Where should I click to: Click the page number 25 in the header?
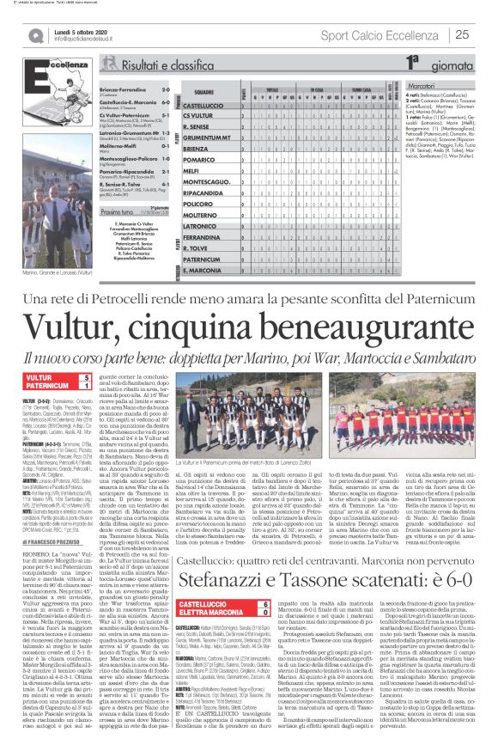[461, 34]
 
